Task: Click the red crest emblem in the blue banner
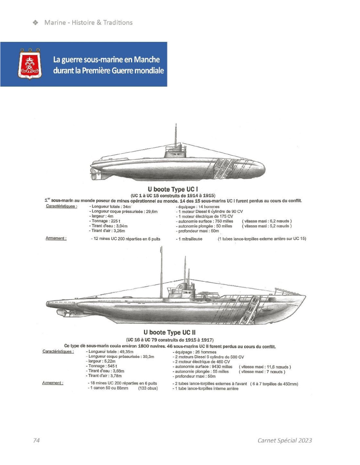(30, 64)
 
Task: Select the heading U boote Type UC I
(172, 189)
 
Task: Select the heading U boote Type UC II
(170, 332)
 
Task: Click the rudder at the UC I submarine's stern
(93, 174)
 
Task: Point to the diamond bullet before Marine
(35, 23)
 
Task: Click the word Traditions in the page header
(118, 23)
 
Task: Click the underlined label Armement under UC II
(53, 383)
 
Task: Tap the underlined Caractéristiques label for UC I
(62, 206)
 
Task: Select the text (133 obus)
(148, 388)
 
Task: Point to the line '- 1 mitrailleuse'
(189, 239)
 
